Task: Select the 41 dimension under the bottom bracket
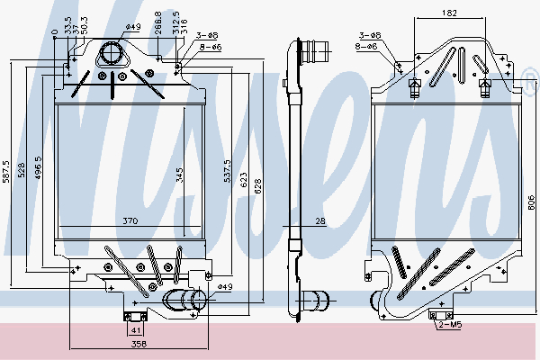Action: coord(133,329)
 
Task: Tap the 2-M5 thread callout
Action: coord(452,323)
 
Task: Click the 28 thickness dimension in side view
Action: coord(319,221)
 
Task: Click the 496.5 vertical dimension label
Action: coord(38,171)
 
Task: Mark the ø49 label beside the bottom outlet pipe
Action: coord(225,287)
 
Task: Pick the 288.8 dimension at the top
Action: coord(158,18)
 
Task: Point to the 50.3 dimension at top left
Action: coord(85,21)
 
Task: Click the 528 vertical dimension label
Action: coord(24,171)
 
